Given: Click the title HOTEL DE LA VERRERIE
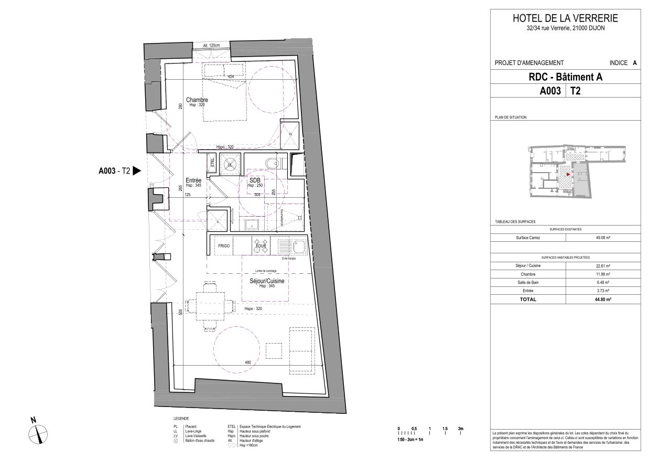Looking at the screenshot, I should tap(565, 18).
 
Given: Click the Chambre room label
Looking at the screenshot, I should tap(197, 100).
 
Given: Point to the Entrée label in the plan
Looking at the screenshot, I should tap(194, 180).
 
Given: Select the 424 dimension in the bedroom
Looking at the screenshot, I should tap(231, 77).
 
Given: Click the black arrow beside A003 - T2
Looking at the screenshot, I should tap(137, 170).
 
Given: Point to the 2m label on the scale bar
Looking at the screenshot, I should tap(461, 429).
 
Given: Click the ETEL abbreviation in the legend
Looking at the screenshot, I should tap(231, 427).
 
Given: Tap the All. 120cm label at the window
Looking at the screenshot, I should tap(211, 46).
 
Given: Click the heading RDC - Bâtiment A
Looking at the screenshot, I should tap(565, 77).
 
